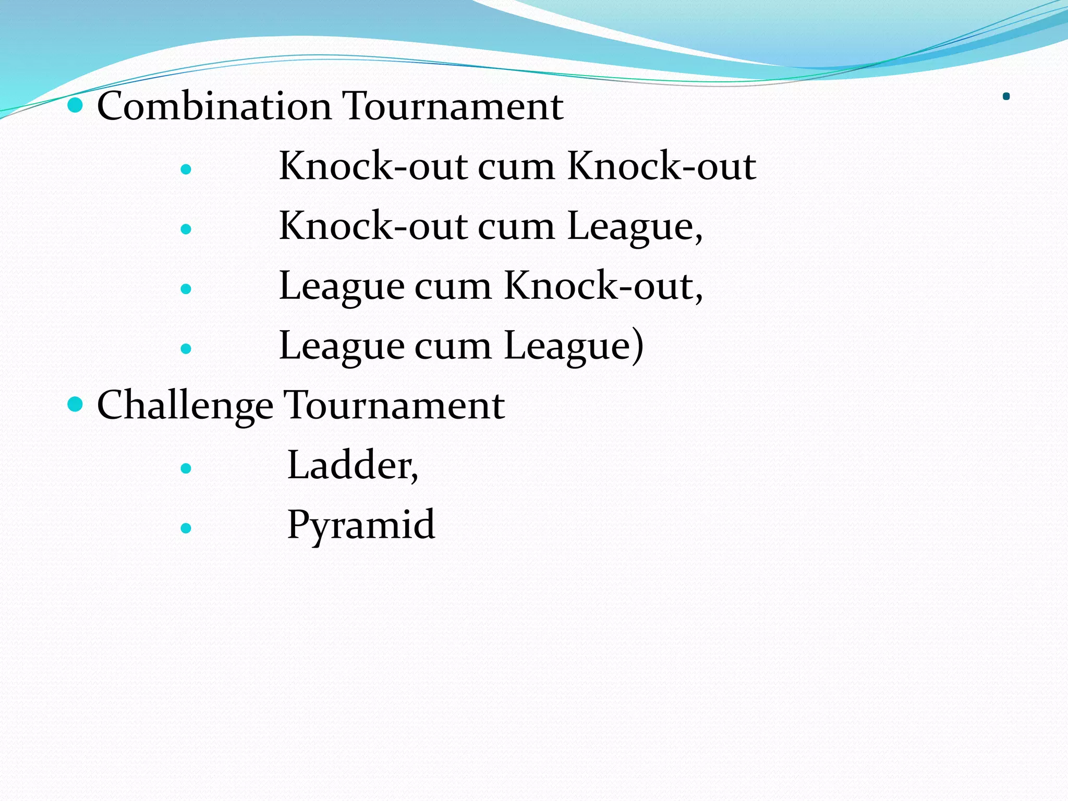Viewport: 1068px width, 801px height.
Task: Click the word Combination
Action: point(214,106)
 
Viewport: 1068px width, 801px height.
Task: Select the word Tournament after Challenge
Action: point(394,406)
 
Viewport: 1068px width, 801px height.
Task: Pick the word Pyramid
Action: point(361,525)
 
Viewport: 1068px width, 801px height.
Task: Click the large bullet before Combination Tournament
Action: point(76,105)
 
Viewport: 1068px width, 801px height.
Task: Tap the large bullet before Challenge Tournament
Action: point(76,404)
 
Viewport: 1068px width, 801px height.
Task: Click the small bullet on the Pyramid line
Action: point(186,528)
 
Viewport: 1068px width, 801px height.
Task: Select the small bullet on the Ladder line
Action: point(186,468)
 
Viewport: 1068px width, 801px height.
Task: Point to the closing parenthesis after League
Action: point(637,346)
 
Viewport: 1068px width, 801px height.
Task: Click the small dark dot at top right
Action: point(1006,96)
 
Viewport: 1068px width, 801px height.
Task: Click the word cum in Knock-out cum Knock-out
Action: point(516,167)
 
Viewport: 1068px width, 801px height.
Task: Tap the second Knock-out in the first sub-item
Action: point(661,167)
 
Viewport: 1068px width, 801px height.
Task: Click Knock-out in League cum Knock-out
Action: point(599,287)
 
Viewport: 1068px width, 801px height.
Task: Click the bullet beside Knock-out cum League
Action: point(186,229)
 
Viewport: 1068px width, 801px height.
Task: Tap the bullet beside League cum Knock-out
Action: point(186,289)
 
